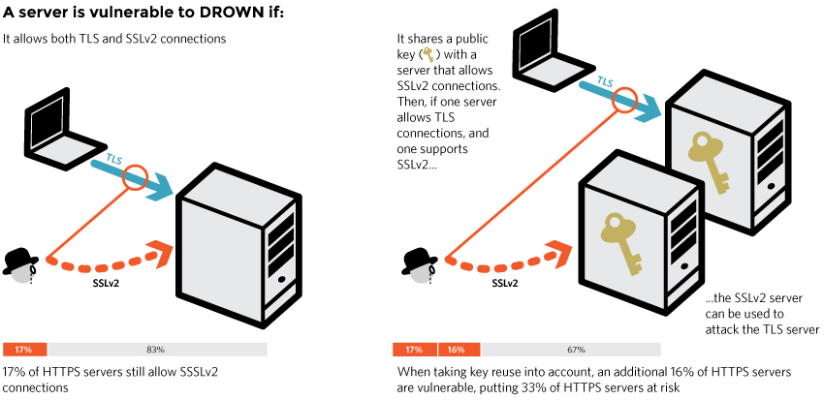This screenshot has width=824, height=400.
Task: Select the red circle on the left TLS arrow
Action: [134, 177]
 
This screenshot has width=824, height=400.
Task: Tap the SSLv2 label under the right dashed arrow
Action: [504, 284]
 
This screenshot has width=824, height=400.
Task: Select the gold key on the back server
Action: [710, 161]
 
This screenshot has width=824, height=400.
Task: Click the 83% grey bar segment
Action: [157, 349]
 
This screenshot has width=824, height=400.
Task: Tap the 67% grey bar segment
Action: [572, 349]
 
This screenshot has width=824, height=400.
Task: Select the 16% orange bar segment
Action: [459, 349]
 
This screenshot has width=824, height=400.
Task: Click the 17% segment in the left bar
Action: [25, 349]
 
